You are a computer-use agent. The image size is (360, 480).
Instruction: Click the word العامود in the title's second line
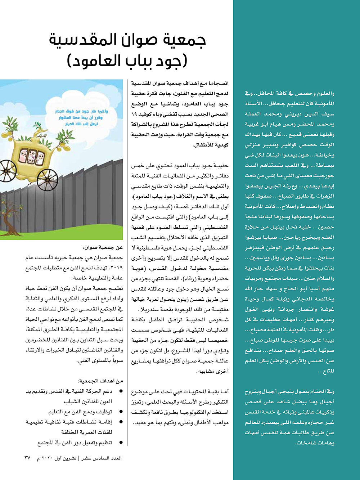[x=95, y=61]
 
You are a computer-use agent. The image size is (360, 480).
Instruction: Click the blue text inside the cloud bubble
[x=82, y=117]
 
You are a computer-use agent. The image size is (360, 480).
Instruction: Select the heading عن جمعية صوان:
[x=103, y=247]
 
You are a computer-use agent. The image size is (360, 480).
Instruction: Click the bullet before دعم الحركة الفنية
[x=121, y=391]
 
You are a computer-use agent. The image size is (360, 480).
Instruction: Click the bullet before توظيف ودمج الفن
[x=121, y=412]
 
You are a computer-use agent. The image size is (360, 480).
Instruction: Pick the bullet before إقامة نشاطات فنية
[x=121, y=422]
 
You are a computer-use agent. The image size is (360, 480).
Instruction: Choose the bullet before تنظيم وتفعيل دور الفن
[x=121, y=443]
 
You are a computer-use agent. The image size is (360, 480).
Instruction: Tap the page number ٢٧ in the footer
[x=27, y=458]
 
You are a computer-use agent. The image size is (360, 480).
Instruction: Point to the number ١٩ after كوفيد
[x=134, y=114]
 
